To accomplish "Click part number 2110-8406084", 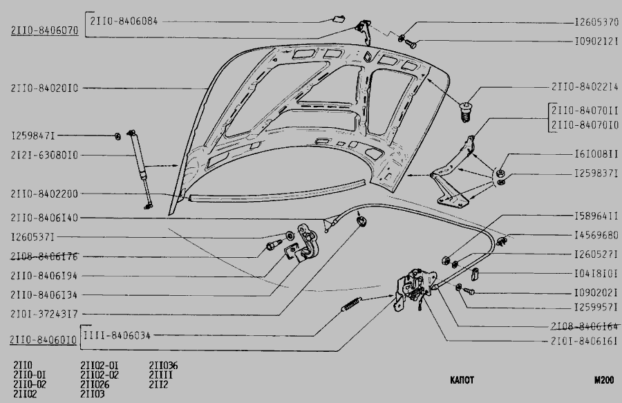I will pos(124,21).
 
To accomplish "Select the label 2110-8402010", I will pos(45,88).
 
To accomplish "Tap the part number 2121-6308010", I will pos(45,155).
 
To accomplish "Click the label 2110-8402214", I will pos(585,87).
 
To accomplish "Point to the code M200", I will pos(603,380).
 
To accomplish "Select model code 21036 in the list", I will pos(164,365).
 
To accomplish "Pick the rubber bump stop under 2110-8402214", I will pos(466,108).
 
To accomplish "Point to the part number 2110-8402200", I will pos(45,194).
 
